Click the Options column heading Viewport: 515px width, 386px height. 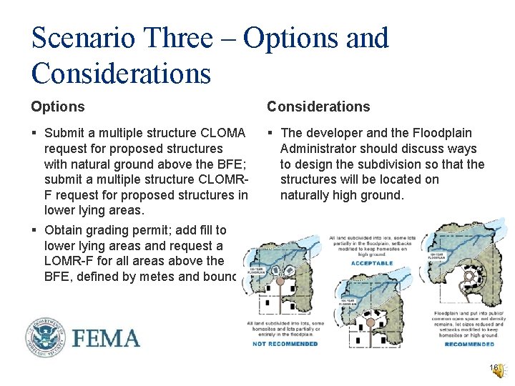[x=57, y=107]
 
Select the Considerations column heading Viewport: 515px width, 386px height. [x=318, y=107]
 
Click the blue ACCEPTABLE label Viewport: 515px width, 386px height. [x=372, y=263]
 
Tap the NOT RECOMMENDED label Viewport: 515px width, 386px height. [x=285, y=344]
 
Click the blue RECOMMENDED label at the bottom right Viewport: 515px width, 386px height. [x=469, y=344]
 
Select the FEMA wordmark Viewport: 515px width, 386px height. [x=105, y=337]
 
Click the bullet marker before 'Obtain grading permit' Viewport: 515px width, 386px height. [x=34, y=230]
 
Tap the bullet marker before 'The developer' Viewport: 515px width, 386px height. [x=271, y=133]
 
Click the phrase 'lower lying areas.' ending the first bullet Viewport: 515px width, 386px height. [x=94, y=211]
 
